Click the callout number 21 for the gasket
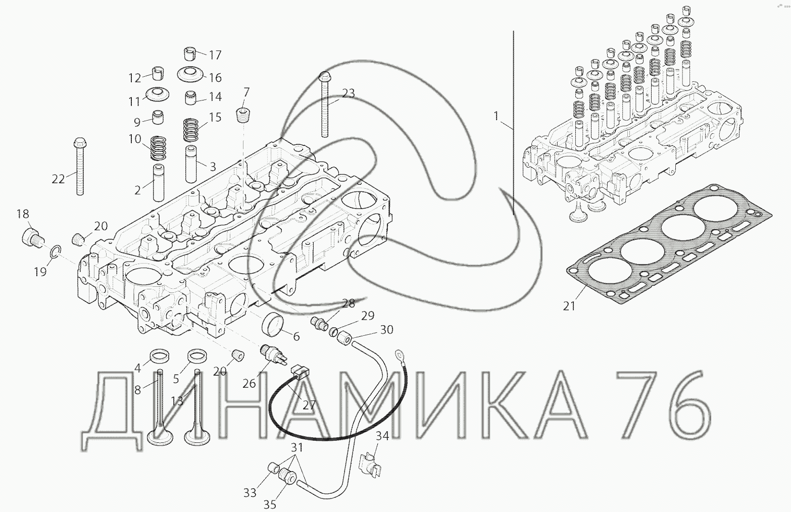coord(569,306)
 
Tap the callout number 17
coord(215,55)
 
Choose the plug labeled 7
coord(243,115)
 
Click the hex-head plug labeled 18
coord(32,237)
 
